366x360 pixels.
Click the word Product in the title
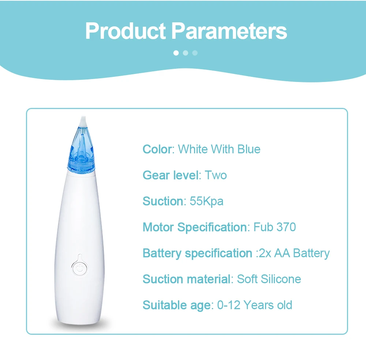click(x=126, y=31)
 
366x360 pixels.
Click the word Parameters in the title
click(x=229, y=31)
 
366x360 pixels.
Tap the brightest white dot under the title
click(x=176, y=53)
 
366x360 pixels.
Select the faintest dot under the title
click(x=195, y=53)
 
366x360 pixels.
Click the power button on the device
click(x=79, y=268)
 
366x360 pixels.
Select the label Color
click(x=157, y=149)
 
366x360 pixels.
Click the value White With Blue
click(x=219, y=149)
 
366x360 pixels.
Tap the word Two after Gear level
click(x=216, y=175)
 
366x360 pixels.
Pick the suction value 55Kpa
click(x=206, y=202)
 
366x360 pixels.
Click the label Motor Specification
click(x=195, y=227)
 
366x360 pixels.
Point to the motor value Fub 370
click(x=274, y=227)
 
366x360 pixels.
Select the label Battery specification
click(x=198, y=254)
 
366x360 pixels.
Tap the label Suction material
click(x=187, y=279)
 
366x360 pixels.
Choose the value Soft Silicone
click(x=269, y=279)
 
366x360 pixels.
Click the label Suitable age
click(x=177, y=305)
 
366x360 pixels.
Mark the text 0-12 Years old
click(x=254, y=305)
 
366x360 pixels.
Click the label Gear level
click(x=171, y=175)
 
